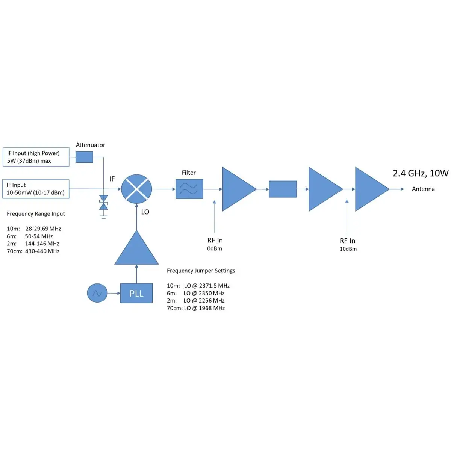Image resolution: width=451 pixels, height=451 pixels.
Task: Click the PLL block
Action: click(x=136, y=293)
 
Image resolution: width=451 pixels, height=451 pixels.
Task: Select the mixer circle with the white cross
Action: click(x=136, y=189)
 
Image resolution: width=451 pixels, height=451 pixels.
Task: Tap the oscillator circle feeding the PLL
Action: click(x=97, y=293)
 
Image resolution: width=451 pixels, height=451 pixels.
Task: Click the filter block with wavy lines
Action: click(x=189, y=189)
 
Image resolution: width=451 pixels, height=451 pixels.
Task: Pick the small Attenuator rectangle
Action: click(x=84, y=157)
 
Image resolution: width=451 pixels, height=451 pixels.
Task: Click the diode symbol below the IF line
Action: click(x=103, y=202)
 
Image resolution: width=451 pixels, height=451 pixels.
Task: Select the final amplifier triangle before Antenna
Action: click(x=370, y=189)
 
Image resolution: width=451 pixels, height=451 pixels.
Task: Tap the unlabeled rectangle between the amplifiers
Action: click(x=283, y=189)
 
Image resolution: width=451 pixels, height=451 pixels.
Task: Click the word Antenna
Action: click(x=423, y=189)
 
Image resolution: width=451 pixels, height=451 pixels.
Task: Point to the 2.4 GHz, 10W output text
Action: click(x=421, y=173)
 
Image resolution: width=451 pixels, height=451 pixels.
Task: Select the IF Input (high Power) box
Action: click(x=36, y=157)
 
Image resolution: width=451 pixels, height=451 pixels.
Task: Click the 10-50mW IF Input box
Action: click(x=36, y=189)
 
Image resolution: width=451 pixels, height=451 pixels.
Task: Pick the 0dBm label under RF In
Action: click(x=215, y=248)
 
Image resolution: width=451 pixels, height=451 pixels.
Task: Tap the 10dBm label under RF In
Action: click(x=348, y=249)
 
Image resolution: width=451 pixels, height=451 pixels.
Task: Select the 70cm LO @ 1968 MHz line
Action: click(x=196, y=308)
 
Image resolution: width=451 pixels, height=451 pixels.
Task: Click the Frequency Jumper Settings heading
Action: click(x=201, y=271)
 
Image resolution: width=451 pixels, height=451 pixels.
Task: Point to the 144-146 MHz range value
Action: click(x=42, y=244)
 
